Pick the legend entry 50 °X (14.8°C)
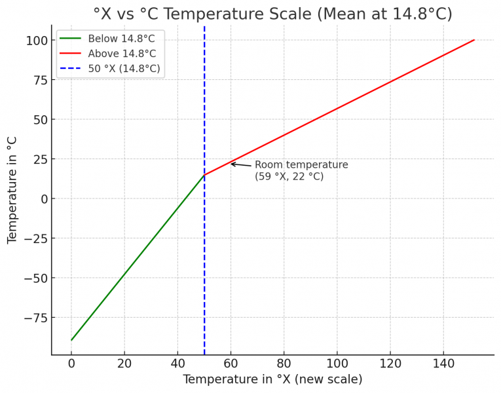[x=124, y=69]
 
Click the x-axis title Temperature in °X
[x=272, y=380]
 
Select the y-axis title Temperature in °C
[x=12, y=190]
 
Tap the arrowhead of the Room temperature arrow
[x=231, y=164]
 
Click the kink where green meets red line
[x=204, y=175]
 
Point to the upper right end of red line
[x=474, y=40]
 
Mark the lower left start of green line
[x=71, y=340]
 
